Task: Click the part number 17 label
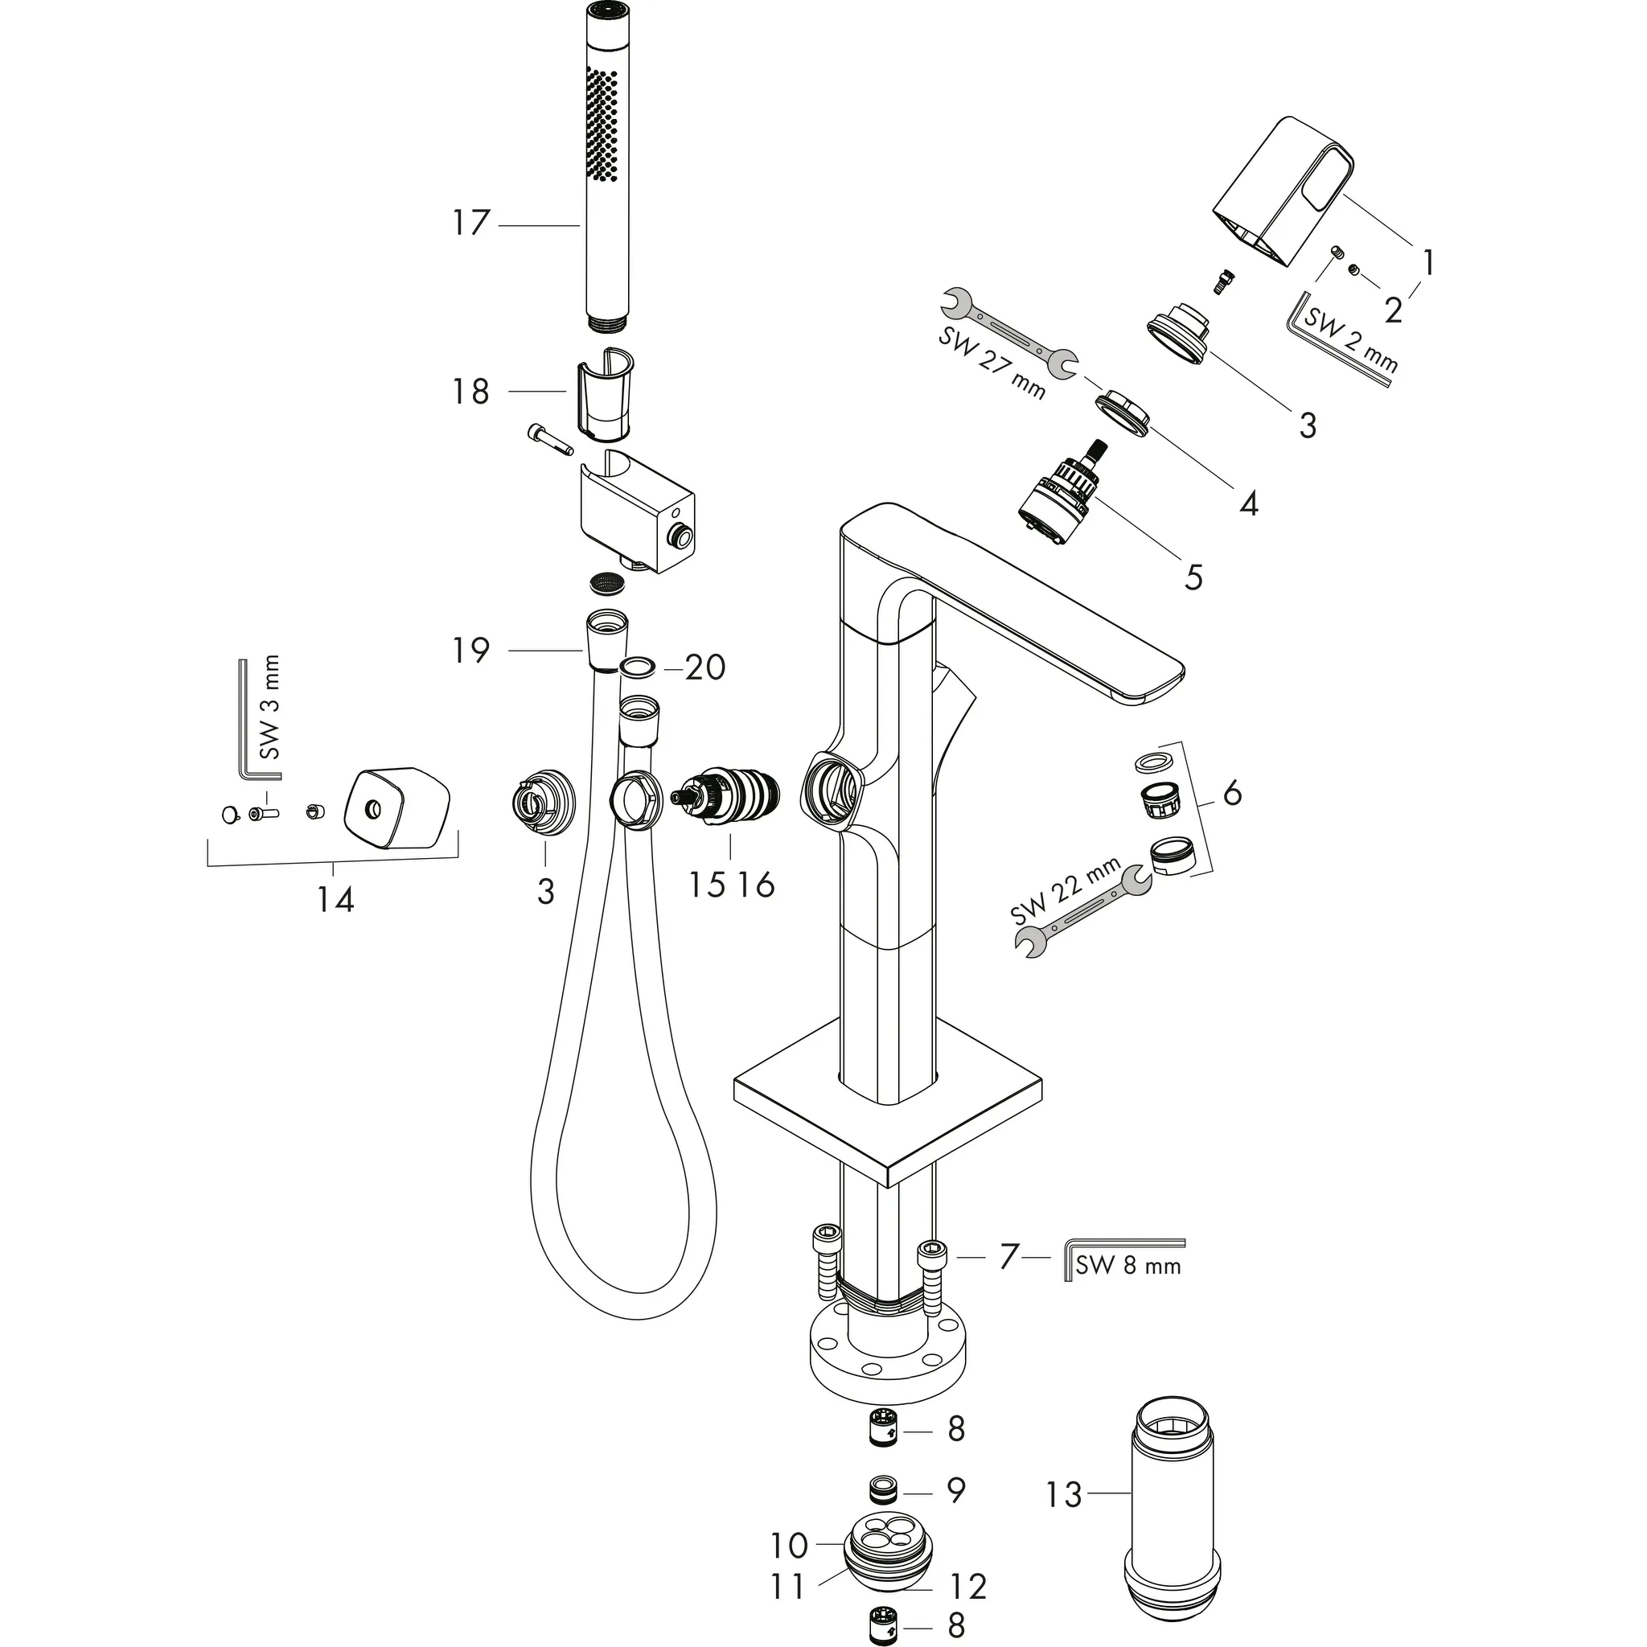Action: click(x=470, y=224)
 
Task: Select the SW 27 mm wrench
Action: click(x=1007, y=332)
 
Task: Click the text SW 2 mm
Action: click(x=1350, y=341)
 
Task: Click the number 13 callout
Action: click(x=1064, y=1494)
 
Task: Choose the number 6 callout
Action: click(x=1232, y=793)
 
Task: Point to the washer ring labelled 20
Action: click(x=639, y=666)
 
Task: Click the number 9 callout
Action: click(x=955, y=1490)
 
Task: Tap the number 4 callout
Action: click(x=1248, y=503)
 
